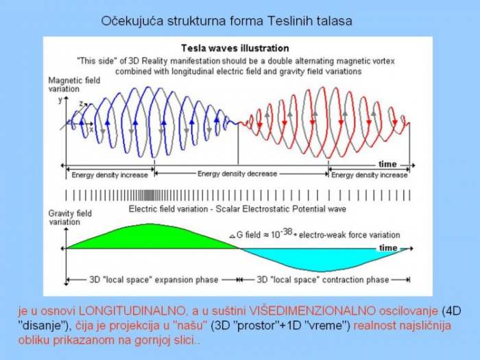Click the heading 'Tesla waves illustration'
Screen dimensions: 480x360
pos(235,49)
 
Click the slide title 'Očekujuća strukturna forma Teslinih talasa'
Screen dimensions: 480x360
pos(226,21)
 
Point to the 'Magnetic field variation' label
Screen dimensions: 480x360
pos(74,85)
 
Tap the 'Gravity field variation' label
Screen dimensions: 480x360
pos(70,217)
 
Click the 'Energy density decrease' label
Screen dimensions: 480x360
pos(237,174)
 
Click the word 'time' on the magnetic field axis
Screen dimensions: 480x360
pos(387,165)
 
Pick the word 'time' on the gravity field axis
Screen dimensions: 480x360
pos(388,248)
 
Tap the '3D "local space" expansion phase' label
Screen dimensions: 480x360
pos(154,280)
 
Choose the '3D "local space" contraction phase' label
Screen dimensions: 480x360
pos(323,280)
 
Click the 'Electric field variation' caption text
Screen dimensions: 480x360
pos(168,209)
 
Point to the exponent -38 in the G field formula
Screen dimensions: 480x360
pos(286,232)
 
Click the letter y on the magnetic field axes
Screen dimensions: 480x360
pos(60,99)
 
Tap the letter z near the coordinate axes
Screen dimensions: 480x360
pos(81,103)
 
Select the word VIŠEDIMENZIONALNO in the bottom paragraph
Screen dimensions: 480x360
pos(312,311)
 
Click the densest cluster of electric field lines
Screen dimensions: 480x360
pos(149,195)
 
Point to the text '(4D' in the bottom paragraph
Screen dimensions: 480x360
pos(451,311)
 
